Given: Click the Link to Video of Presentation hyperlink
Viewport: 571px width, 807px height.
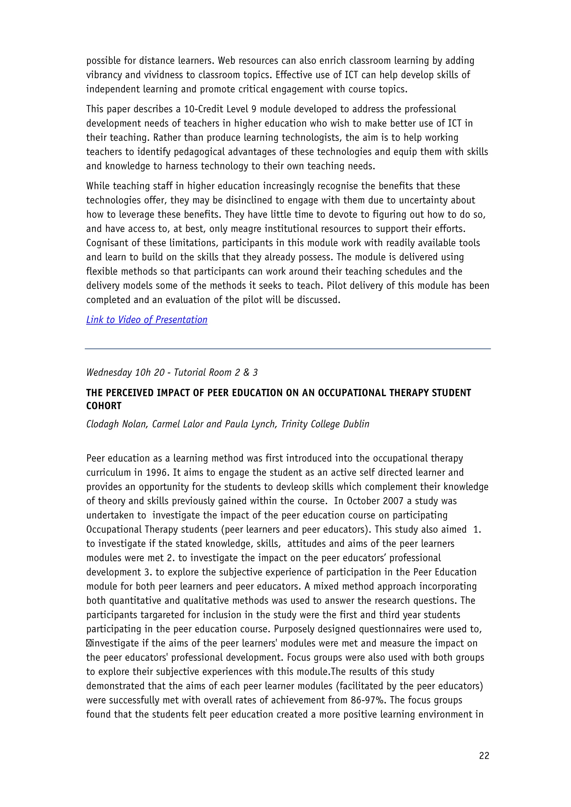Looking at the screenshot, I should pyautogui.click(x=147, y=320).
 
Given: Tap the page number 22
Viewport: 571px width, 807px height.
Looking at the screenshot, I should pyautogui.click(x=484, y=756).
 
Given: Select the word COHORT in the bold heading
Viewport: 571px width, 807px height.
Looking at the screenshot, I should pyautogui.click(x=104, y=406).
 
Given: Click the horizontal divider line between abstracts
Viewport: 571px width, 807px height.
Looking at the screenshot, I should pyautogui.click(x=288, y=349).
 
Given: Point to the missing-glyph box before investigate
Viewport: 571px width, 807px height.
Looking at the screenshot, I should pyautogui.click(x=89, y=643).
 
